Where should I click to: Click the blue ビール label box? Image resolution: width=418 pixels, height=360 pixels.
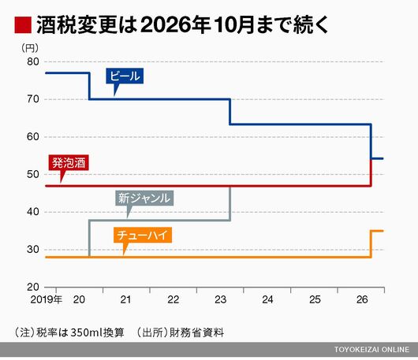[x=125, y=76]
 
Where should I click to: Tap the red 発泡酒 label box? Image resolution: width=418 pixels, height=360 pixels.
[x=69, y=163]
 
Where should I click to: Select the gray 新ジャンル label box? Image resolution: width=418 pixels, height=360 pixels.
[x=144, y=198]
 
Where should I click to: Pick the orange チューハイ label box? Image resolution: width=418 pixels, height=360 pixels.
[x=143, y=235]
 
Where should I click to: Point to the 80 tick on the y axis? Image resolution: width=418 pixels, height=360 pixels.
[x=33, y=61]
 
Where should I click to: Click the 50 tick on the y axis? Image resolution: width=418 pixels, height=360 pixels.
[x=33, y=174]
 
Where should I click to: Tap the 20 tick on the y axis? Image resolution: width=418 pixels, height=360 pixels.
[x=33, y=287]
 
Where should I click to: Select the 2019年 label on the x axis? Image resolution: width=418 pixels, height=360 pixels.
[x=46, y=299]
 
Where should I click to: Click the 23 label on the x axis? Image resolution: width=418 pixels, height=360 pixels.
[x=221, y=299]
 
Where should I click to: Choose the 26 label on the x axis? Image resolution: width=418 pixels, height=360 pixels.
[x=362, y=299]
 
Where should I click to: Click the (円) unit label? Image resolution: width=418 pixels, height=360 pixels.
[x=30, y=48]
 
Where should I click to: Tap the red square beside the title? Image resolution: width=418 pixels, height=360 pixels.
[x=23, y=25]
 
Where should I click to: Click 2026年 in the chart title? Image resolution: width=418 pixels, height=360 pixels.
[x=176, y=25]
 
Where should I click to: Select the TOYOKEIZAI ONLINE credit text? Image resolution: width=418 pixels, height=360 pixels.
[x=372, y=349]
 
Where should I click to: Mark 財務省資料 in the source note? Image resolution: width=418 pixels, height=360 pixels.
[x=196, y=332]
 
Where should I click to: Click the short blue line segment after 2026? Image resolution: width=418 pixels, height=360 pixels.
[x=377, y=158]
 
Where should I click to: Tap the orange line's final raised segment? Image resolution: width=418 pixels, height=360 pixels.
[x=377, y=231]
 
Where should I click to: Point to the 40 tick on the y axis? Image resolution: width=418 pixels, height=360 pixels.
[x=33, y=212]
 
